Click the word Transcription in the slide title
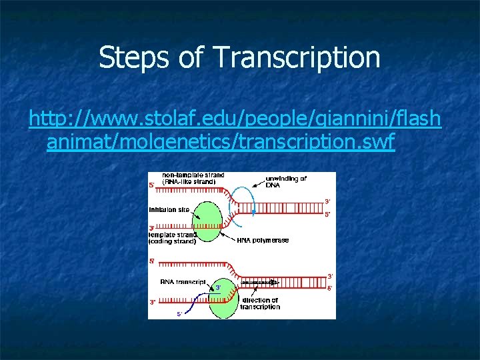[297, 58]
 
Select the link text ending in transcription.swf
[221, 143]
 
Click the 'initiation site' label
[169, 209]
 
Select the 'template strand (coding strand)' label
[173, 238]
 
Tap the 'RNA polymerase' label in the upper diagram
[263, 240]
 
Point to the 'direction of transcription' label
[260, 304]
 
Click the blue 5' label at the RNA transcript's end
[179, 313]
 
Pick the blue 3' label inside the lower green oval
[218, 287]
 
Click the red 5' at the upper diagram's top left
[151, 185]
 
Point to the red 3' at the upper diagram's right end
[327, 201]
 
